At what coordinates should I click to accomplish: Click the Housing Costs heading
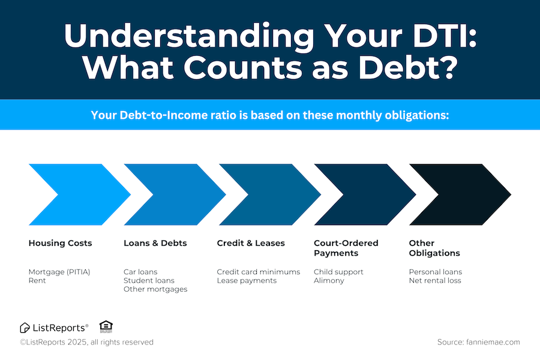coord(60,243)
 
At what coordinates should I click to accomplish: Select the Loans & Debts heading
coord(155,243)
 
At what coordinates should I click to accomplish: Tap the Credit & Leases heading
coord(251,243)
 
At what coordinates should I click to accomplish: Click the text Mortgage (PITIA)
coord(59,272)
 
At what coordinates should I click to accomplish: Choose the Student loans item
coord(149,280)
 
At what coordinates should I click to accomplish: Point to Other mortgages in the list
coord(155,289)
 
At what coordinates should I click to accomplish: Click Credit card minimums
coord(258,272)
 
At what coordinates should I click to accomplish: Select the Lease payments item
coord(247,281)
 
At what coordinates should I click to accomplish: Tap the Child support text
coord(338,272)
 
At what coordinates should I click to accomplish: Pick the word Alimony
coord(329,281)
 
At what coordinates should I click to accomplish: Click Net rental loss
coord(435,280)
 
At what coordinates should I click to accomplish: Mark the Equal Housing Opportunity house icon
coord(106,326)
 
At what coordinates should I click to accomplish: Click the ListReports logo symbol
coord(25,328)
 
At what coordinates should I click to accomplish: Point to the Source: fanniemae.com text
coord(479,342)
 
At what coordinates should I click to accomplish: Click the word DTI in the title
coord(445,36)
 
